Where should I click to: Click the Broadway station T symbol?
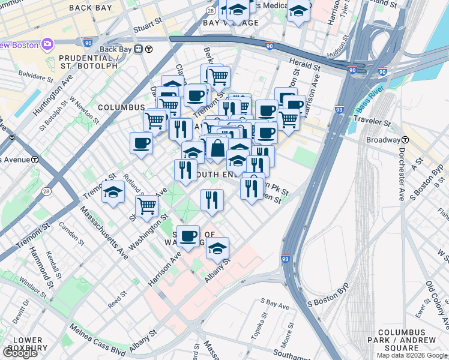[405, 140]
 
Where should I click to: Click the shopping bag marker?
[217, 148]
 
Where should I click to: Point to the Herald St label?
[307, 64]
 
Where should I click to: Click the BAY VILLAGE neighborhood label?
[231, 23]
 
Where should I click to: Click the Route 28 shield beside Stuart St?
[211, 11]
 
